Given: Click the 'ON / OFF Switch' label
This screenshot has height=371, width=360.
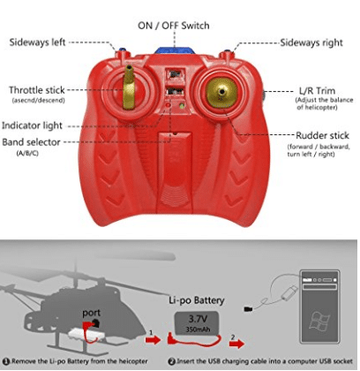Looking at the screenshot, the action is click(x=174, y=26).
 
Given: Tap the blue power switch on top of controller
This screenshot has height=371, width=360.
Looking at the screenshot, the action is click(x=175, y=50).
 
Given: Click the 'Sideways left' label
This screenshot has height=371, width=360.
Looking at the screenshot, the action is click(x=37, y=42).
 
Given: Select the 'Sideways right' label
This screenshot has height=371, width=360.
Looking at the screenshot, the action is click(x=311, y=42).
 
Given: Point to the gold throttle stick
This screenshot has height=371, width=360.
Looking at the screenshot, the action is click(x=129, y=87).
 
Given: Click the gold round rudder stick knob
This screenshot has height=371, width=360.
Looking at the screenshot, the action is click(x=221, y=93).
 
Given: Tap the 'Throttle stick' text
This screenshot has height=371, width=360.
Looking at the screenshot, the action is click(x=37, y=90).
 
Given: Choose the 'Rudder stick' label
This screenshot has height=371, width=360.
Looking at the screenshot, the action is click(x=322, y=135).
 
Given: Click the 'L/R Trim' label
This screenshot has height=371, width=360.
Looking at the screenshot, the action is click(x=317, y=90).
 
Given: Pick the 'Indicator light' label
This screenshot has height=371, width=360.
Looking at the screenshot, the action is click(x=32, y=125).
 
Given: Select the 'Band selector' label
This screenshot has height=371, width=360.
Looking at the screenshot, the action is click(x=31, y=142).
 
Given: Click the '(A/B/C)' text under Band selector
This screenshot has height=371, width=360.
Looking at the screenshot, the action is click(x=27, y=154).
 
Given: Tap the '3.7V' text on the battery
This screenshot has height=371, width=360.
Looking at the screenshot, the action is click(x=198, y=319).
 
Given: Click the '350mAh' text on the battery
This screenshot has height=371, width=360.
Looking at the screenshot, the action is click(x=198, y=329).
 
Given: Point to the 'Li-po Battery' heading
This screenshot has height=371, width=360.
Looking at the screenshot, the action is click(x=197, y=300).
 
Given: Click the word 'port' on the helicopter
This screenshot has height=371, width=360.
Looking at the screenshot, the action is click(x=91, y=314).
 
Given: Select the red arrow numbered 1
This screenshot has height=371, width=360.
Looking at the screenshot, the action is click(x=154, y=339).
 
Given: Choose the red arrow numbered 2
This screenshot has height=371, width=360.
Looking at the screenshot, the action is click(x=236, y=343).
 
